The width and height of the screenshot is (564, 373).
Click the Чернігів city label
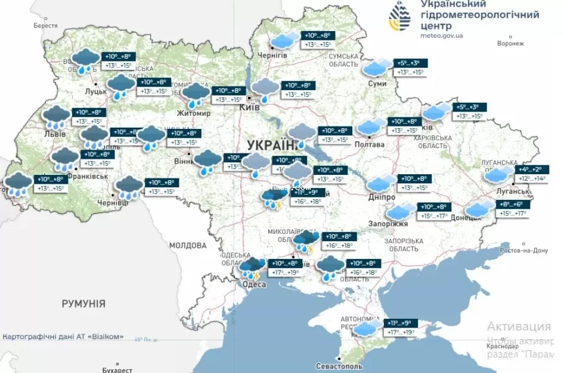tap(272, 55)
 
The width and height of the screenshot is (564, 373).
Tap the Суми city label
tap(377, 84)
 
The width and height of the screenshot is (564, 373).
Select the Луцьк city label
tap(96, 92)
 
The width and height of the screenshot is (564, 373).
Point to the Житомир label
tap(194, 113)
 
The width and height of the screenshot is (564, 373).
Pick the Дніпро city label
tap(381, 197)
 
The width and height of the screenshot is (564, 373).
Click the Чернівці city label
tap(112, 203)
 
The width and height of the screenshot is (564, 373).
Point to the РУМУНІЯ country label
tap(83, 304)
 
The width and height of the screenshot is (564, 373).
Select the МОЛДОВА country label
tap(187, 245)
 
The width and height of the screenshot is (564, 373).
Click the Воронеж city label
tap(510, 44)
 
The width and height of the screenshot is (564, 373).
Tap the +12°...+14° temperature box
tap(532, 178)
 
